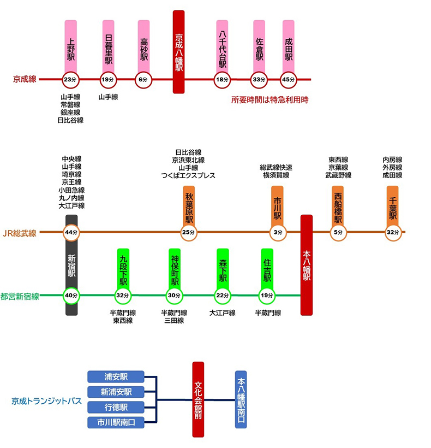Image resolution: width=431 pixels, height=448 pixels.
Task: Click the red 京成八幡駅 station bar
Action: coord(179,52)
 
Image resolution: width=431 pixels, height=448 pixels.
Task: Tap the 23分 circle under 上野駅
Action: coord(70,80)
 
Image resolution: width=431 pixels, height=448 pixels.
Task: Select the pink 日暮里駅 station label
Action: coord(109,46)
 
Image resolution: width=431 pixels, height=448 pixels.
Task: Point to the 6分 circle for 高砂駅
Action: coord(143,80)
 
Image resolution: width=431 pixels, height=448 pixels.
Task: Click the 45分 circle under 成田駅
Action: coord(289,80)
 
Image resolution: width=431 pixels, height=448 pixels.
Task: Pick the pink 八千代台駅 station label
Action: coord(222,47)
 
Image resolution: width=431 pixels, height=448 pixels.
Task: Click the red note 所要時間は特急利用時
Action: coord(270,100)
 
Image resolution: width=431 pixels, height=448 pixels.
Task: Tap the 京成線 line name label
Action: coord(25,79)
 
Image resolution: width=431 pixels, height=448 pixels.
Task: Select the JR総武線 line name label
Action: coord(20,233)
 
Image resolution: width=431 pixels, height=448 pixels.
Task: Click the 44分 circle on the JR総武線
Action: coord(71,232)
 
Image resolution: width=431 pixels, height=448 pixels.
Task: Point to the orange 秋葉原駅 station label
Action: coord(189,206)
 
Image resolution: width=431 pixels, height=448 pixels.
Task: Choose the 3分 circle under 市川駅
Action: coord(278,232)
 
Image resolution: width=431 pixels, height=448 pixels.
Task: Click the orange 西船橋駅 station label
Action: coord(338,206)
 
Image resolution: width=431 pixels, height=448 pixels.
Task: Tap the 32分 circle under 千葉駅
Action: coord(393,232)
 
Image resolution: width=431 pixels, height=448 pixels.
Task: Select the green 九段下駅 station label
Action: coord(123,269)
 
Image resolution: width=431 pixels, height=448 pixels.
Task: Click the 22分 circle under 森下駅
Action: coord(223,296)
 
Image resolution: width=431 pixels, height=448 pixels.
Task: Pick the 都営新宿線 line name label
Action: coord(20,297)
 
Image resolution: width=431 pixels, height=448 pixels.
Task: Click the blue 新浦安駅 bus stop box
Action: coord(116,392)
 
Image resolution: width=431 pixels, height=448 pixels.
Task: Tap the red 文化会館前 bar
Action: coord(198,399)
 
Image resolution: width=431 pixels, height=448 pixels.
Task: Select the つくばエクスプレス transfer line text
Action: coord(188,175)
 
